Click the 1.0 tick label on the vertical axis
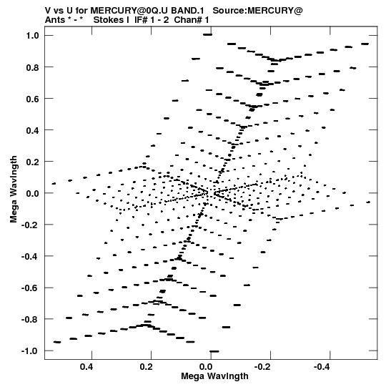pos(33,36)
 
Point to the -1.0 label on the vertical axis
pos(30,351)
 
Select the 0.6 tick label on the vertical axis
pos(33,99)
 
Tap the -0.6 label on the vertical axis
pos(30,288)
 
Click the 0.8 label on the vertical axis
pos(33,67)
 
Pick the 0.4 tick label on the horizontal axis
pos(86,367)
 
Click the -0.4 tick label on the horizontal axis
pos(322,367)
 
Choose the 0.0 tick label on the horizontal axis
pos(206,367)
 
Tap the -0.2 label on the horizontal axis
pos(263,367)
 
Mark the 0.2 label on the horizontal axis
pos(146,367)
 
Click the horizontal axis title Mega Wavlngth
pos(214,376)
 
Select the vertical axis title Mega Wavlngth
pos(14,189)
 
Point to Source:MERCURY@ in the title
pos(257,11)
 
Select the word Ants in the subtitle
pos(55,20)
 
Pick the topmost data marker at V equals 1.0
pos(208,34)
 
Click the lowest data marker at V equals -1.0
pos(214,351)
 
